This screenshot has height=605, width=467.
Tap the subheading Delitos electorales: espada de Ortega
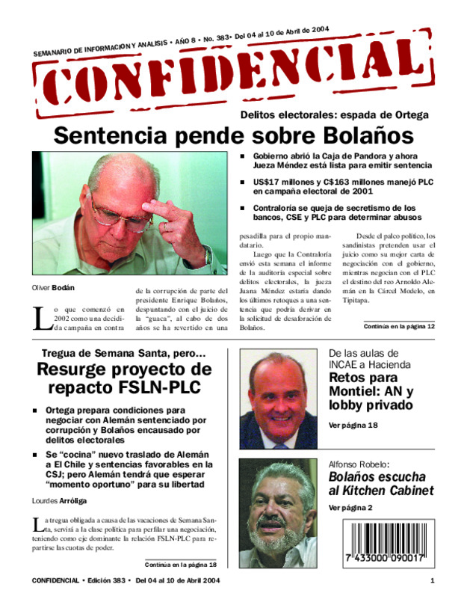[334, 115]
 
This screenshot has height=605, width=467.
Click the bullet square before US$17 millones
[243, 182]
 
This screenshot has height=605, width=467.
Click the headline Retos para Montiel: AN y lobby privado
[371, 391]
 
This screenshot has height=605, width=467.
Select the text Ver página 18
[353, 425]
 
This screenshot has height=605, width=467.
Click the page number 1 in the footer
[432, 582]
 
